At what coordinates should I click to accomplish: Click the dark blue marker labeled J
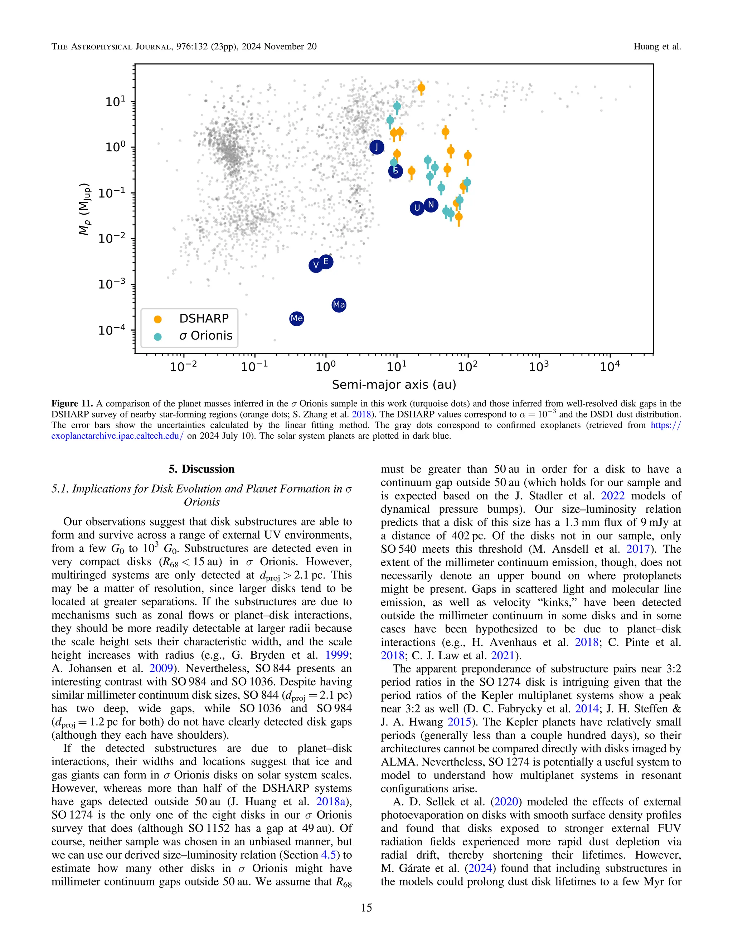pos(377,147)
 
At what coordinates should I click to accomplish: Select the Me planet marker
pos(297,319)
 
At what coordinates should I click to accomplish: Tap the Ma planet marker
pos(339,305)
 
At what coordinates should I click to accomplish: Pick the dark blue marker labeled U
pos(417,208)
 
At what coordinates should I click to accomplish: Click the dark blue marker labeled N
pos(431,204)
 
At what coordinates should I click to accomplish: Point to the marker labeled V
pos(316,265)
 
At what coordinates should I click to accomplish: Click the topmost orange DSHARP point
pos(421,88)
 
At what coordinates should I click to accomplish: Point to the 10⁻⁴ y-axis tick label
pos(112,330)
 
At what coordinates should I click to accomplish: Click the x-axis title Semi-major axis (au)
pos(394,385)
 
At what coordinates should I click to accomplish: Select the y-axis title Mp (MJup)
pos(85,209)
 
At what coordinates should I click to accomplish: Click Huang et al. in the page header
pos(657,47)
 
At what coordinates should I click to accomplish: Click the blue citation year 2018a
pos(333,801)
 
